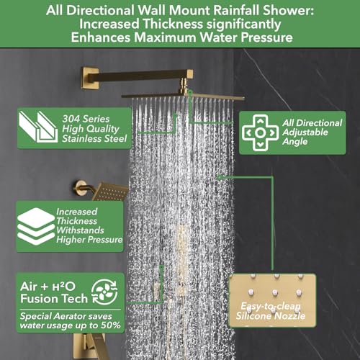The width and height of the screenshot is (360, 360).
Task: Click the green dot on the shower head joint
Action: (190, 90)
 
